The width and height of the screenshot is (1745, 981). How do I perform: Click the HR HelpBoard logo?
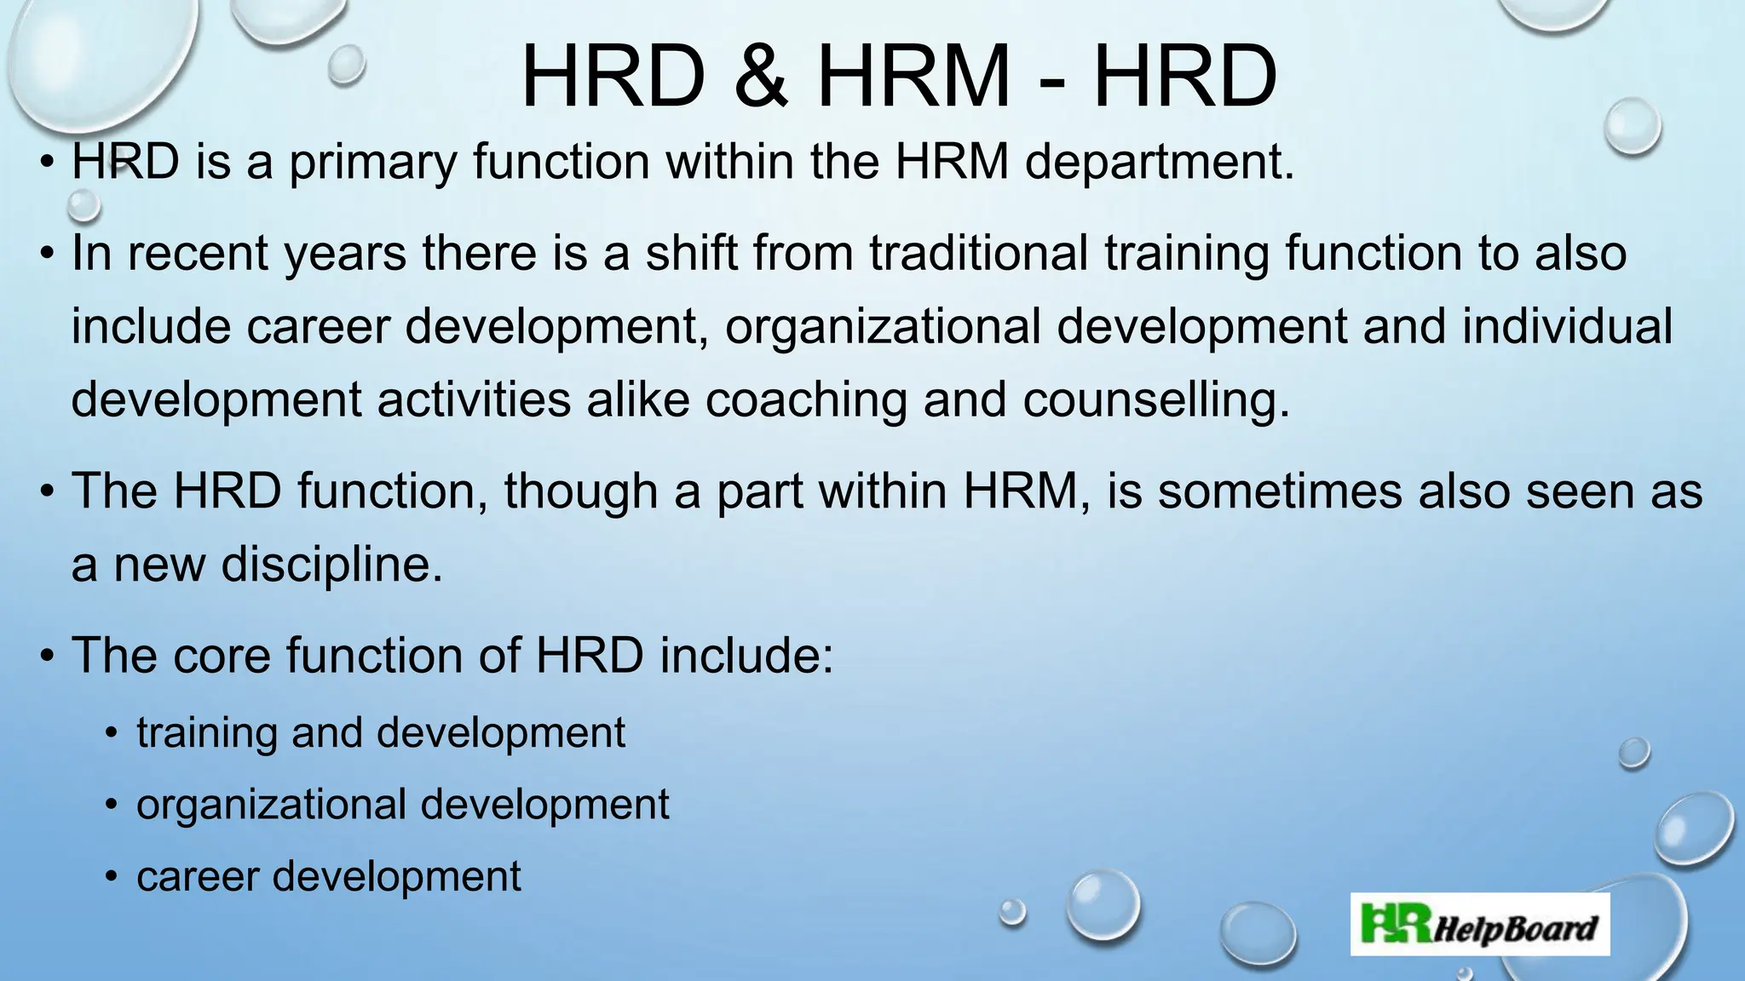(x=1480, y=925)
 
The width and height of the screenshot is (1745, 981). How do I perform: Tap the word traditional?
(x=978, y=253)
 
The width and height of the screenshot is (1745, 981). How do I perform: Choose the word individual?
(x=1568, y=326)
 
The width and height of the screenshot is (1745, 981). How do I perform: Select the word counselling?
(x=1155, y=399)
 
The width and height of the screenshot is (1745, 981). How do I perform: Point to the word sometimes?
(x=1280, y=491)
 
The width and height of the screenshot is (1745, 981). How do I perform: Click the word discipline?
(x=331, y=564)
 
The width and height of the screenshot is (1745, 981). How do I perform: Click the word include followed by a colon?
(x=746, y=655)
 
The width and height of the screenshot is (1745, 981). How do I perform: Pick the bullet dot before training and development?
(x=111, y=733)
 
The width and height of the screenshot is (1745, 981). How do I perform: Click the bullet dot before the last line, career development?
(x=111, y=877)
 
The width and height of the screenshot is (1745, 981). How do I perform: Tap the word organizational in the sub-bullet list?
(x=271, y=805)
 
